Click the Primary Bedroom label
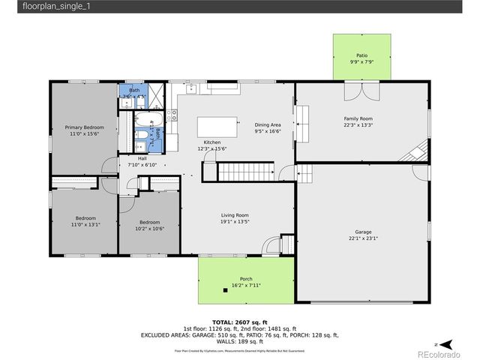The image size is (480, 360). point(84,127)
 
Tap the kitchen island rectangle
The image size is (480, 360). point(217,127)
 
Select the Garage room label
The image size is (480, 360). point(363,232)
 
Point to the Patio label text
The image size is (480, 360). point(362,55)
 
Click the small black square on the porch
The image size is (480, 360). point(225,289)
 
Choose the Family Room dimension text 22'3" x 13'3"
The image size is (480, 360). point(358,125)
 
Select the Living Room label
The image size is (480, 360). point(234,215)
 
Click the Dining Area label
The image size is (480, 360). point(268,124)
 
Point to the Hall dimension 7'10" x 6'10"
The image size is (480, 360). point(142,164)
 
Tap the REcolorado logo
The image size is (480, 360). point(445,344)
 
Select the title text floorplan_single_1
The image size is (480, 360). point(35,7)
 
